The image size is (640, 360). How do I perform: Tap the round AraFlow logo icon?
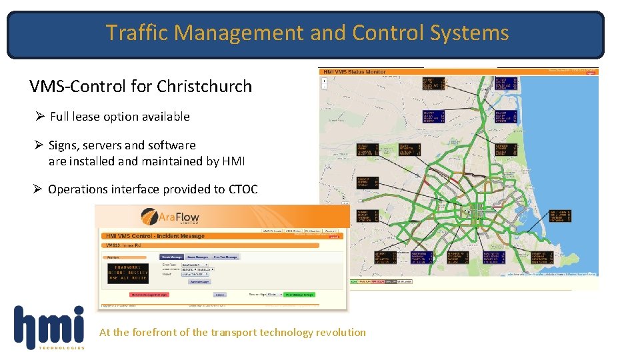click(x=149, y=217)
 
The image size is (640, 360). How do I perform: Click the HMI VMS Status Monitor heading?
click(x=353, y=71)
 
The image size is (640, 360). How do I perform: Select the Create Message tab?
click(x=171, y=257)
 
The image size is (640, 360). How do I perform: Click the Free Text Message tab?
click(x=225, y=257)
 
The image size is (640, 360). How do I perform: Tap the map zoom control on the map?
click(x=324, y=82)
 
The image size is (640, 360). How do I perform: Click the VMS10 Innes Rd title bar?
click(x=127, y=246)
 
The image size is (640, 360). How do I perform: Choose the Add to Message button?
click(x=199, y=281)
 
